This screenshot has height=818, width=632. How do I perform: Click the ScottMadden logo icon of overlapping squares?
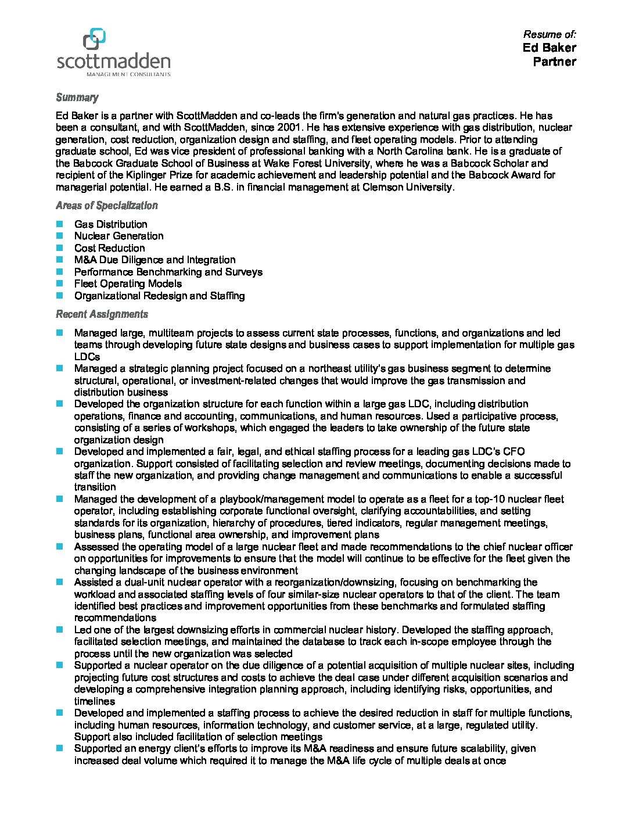pos(94,39)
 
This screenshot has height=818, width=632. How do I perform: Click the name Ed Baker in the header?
pos(549,48)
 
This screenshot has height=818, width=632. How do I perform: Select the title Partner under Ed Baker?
pos(554,62)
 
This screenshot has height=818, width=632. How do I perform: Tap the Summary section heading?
pos(77,98)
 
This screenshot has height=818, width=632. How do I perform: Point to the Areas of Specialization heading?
pos(106,206)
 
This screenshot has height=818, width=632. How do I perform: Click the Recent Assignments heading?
pos(102,314)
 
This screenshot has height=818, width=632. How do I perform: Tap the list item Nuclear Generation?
pos(119,236)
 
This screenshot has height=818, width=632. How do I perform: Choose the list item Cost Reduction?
pos(109,248)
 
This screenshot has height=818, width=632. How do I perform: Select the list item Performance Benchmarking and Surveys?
pos(168,272)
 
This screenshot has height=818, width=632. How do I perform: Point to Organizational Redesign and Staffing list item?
pos(159,296)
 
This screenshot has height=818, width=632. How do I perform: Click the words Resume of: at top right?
pos(550,34)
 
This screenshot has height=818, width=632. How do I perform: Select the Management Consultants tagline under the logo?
pos(128,74)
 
